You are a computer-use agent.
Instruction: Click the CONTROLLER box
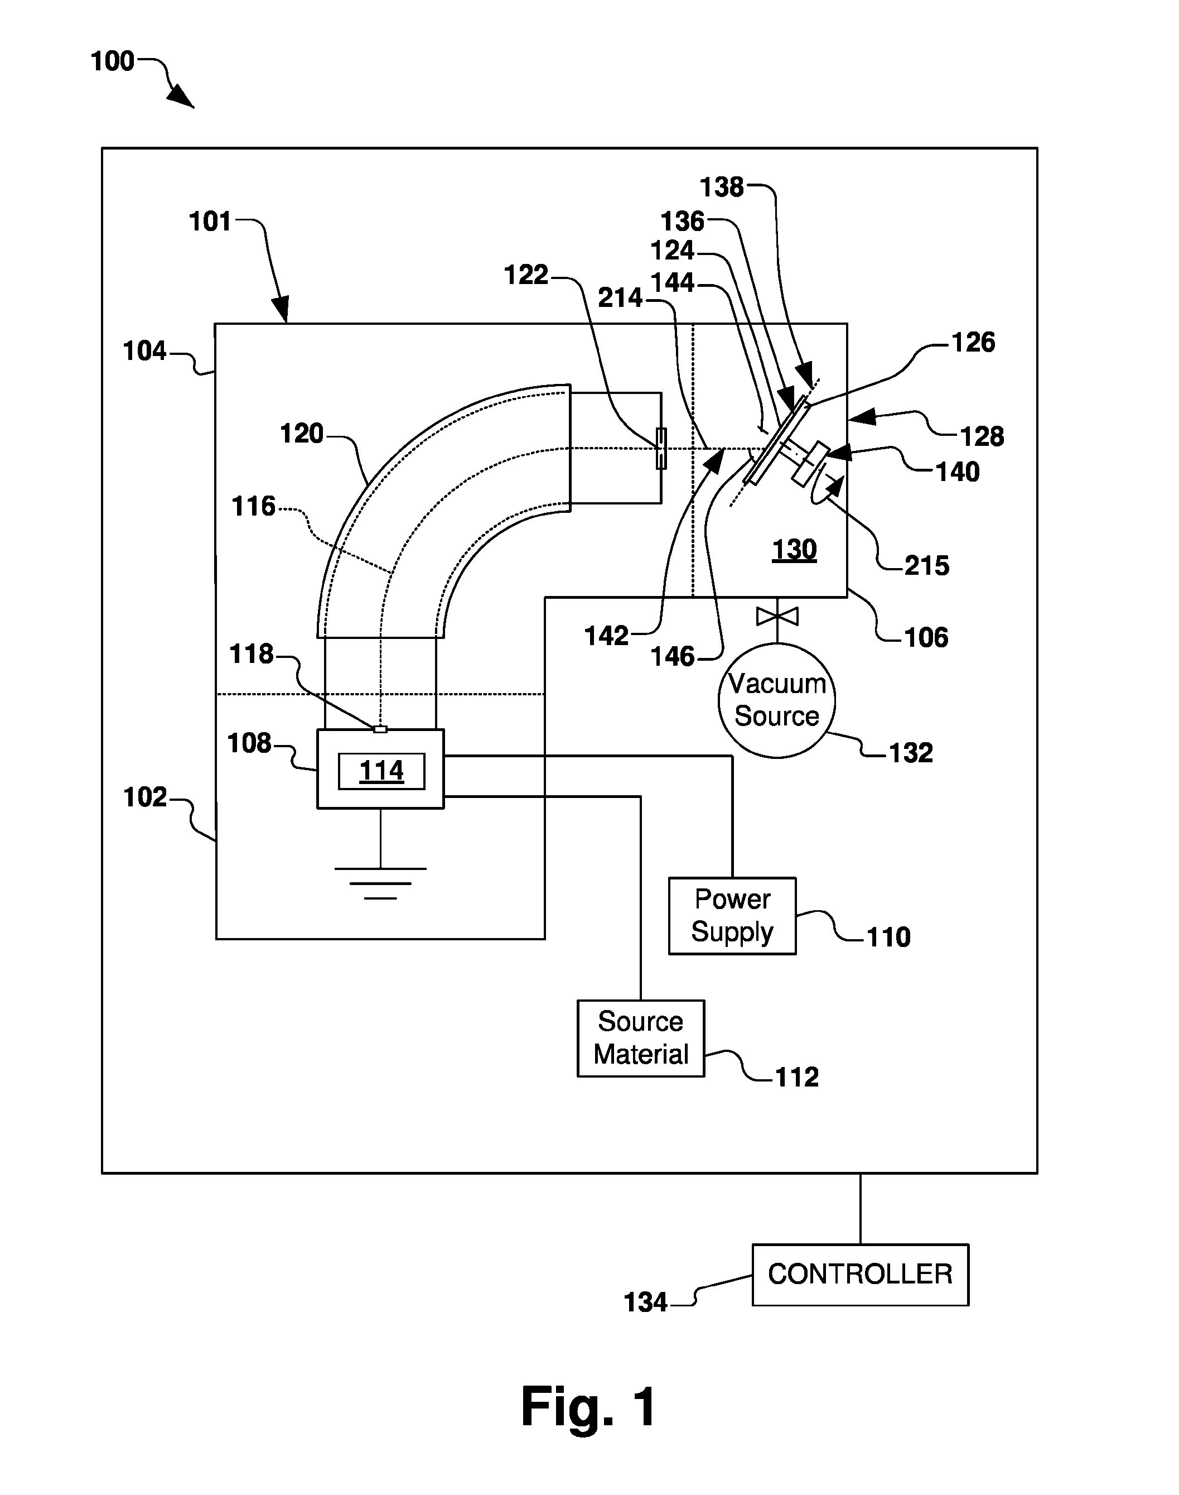click(860, 1275)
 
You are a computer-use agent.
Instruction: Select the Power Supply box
click(732, 916)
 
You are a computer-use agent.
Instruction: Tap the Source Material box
click(641, 1038)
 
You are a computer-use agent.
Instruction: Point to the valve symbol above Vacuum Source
click(777, 616)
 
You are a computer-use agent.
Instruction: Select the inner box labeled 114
click(381, 771)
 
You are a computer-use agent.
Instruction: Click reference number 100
click(113, 61)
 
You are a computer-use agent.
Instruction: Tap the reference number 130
click(794, 550)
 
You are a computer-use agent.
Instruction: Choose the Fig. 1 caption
click(588, 1407)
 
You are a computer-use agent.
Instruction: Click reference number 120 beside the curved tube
click(302, 434)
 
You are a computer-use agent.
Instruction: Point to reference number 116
click(253, 506)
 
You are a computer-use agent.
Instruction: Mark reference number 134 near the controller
click(645, 1302)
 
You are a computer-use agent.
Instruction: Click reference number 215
click(927, 565)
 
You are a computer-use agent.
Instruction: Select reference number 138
click(722, 187)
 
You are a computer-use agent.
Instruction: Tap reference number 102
click(145, 797)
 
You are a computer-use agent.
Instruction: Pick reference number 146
click(673, 657)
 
